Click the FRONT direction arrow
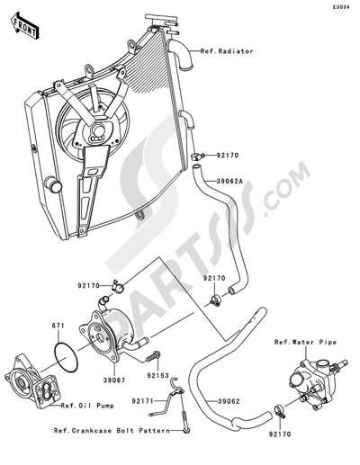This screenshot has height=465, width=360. click(25, 26)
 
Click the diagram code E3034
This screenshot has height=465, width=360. click(341, 7)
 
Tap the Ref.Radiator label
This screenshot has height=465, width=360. click(227, 51)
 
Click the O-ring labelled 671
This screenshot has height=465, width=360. click(66, 357)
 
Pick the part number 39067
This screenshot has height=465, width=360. click(114, 380)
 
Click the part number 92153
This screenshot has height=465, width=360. click(157, 375)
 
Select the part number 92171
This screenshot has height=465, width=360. click(142, 400)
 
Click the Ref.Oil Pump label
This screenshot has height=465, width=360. click(87, 406)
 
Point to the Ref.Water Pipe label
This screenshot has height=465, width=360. click(305, 342)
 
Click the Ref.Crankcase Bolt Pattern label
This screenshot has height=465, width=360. click(112, 431)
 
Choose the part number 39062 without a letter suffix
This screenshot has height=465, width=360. click(229, 401)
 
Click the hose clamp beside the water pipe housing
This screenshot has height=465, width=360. click(280, 410)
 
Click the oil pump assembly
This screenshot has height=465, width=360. click(29, 380)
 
